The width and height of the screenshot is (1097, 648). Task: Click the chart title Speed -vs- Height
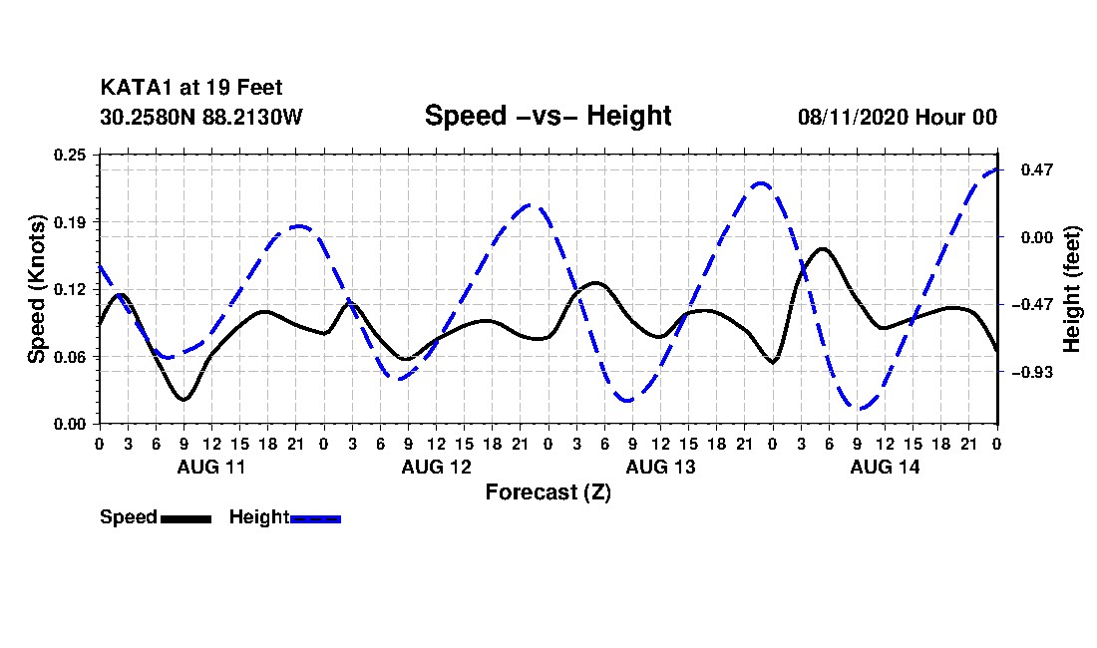[548, 116]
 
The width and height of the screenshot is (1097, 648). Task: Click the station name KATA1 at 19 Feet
[191, 88]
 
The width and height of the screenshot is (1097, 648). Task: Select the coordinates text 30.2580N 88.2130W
[200, 116]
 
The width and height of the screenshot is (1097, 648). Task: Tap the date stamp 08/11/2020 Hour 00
[897, 117]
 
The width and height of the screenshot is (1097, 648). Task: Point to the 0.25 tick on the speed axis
[70, 155]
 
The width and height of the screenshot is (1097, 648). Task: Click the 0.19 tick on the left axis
[70, 222]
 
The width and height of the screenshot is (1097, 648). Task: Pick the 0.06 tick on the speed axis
[70, 357]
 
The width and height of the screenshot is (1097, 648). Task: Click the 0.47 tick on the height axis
[1037, 169]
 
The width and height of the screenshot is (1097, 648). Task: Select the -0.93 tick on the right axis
[1032, 373]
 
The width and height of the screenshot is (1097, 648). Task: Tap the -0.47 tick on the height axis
[1032, 305]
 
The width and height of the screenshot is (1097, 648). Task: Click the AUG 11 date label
[211, 467]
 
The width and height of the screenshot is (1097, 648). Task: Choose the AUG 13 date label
[660, 467]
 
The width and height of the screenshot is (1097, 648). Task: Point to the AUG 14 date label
[885, 467]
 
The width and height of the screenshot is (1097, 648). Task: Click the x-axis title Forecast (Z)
[548, 492]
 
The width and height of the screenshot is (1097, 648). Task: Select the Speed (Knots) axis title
[36, 289]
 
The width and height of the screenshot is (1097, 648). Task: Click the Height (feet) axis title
[1071, 289]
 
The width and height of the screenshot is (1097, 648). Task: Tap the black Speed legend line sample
[185, 518]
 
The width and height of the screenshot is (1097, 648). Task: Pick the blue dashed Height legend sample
[315, 518]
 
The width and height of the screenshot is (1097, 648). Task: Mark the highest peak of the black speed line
[822, 249]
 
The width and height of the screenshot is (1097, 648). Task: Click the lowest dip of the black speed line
[184, 399]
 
